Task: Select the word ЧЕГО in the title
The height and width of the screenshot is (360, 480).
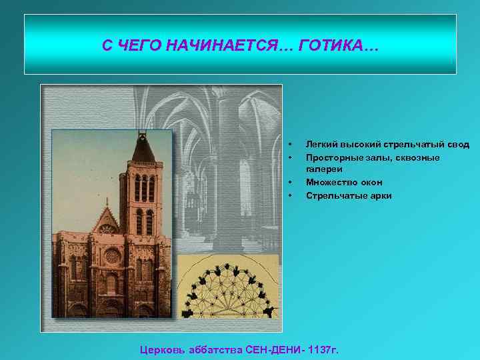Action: point(139,45)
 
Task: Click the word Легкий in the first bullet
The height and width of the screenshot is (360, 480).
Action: point(321,144)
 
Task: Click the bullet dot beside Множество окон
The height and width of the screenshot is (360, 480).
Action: point(290,182)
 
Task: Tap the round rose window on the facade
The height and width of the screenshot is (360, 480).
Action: point(112,255)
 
